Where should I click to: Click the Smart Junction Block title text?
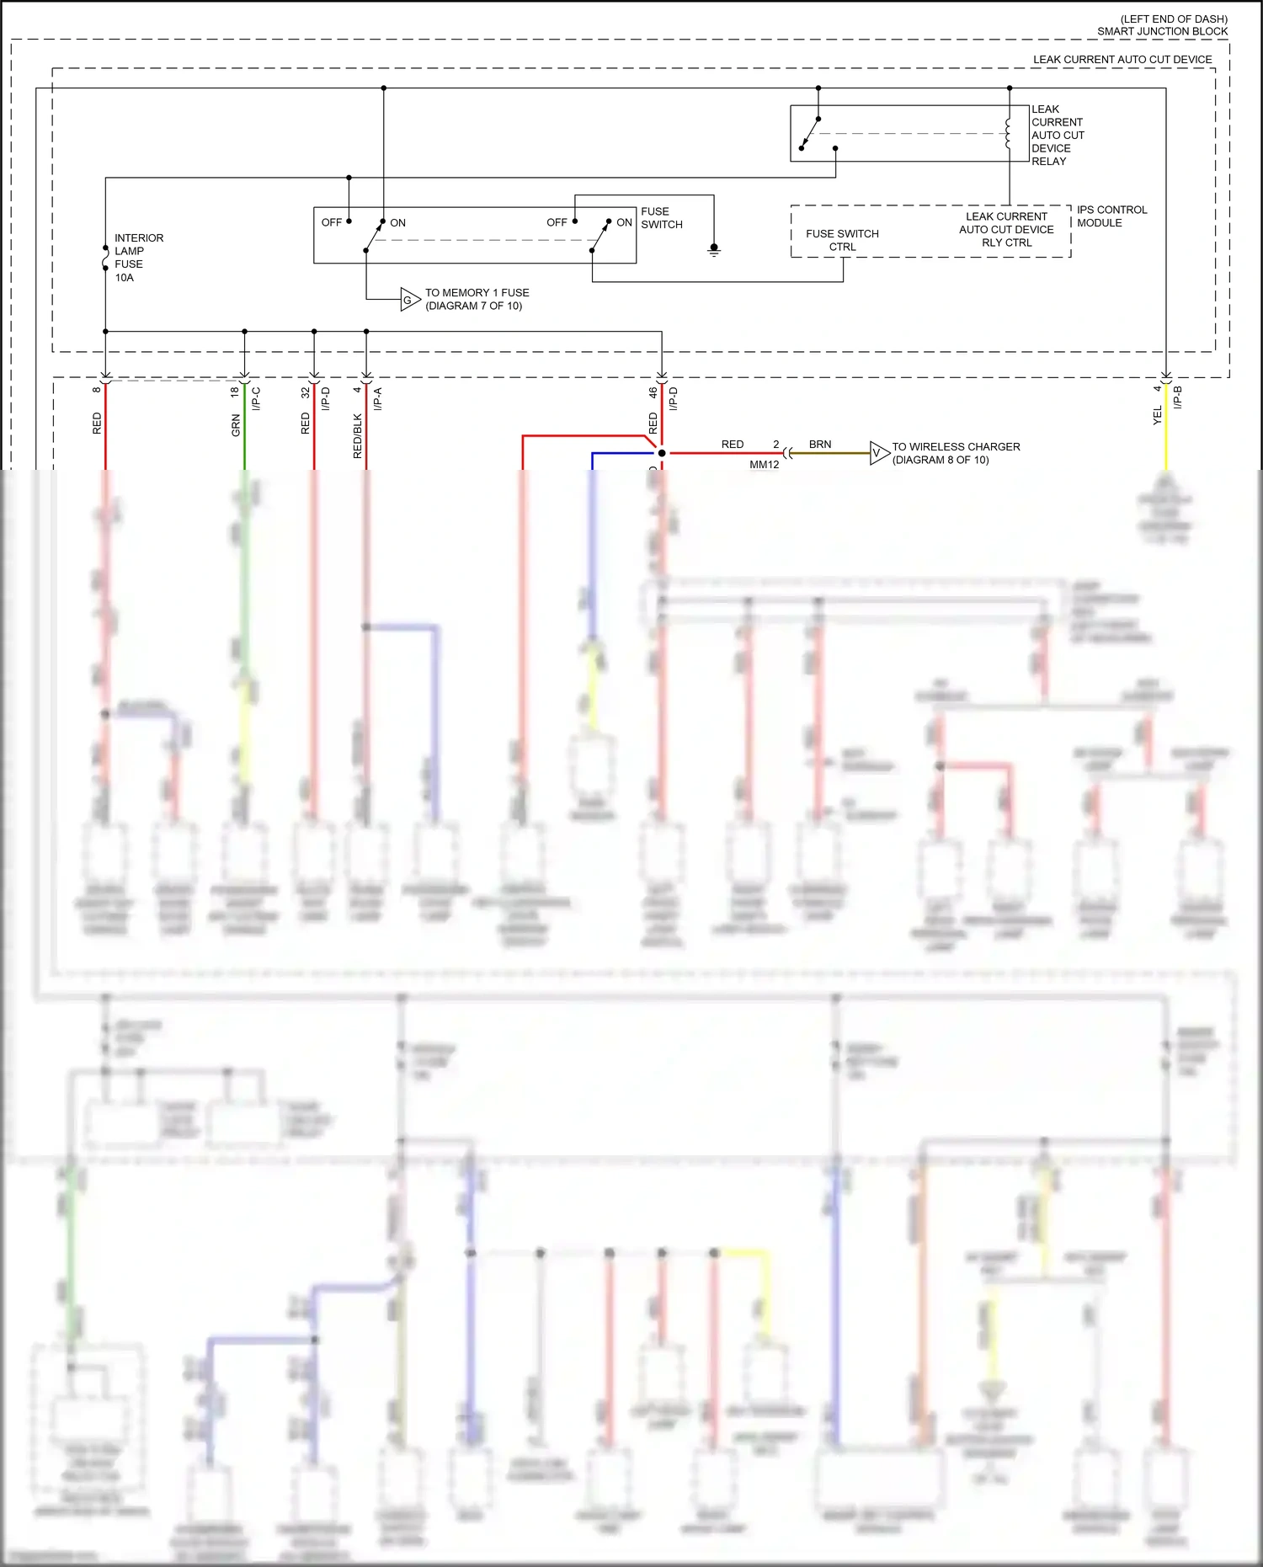1162,31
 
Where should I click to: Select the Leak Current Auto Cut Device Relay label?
1058,135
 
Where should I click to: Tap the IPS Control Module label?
1111,216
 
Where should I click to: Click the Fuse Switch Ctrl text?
842,240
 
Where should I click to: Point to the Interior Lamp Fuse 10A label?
138,258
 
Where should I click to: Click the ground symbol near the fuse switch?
714,250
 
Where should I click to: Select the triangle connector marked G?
409,300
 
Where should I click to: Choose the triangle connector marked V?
878,453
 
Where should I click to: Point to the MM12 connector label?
764,465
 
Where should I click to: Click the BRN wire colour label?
820,445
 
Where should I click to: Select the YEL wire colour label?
1157,414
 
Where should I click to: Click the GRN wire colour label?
236,425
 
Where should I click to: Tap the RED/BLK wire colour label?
358,435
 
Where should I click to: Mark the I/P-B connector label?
1178,397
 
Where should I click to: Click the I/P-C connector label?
256,398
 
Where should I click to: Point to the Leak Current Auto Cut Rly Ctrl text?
1006,229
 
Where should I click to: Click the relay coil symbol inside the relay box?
1008,134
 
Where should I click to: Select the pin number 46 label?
653,392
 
